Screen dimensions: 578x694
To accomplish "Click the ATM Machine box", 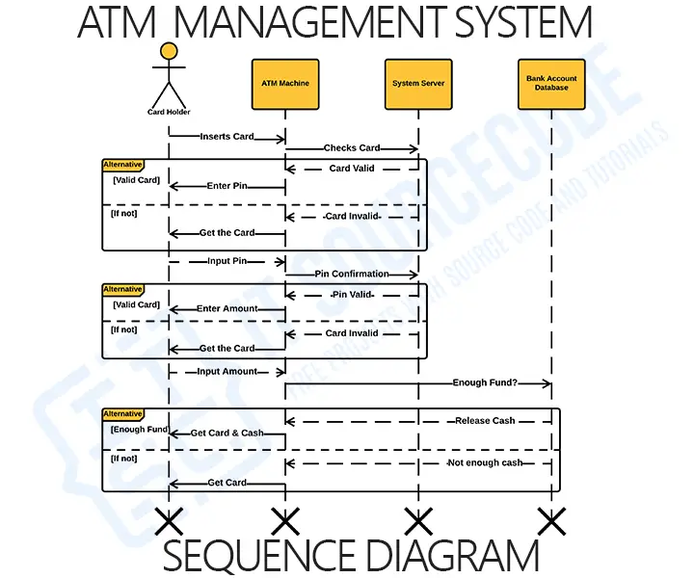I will pos(285,83).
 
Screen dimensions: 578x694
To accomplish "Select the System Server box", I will pos(418,83).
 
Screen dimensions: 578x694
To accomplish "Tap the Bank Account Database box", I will pos(551,83).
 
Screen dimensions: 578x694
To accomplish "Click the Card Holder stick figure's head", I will pos(169,51).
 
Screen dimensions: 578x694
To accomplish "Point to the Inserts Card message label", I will pos(227,137).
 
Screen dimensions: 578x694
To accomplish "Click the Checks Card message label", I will pos(352,148).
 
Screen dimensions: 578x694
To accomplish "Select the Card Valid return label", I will pos(352,169).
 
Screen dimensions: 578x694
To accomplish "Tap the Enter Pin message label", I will pos(227,186).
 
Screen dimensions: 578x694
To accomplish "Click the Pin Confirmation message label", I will pos(352,275).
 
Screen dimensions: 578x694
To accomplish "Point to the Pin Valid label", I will pos(352,293).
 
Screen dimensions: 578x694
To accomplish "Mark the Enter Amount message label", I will pos(227,309).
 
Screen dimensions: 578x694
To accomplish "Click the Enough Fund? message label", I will pos(485,383).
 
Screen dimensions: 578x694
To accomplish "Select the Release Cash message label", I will pos(485,421).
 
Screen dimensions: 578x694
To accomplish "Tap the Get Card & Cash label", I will pos(227,433).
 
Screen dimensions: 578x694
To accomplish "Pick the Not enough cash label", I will pos(485,463).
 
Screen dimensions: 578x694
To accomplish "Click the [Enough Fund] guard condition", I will pos(140,429).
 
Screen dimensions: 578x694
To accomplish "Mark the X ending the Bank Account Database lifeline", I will pos(551,522).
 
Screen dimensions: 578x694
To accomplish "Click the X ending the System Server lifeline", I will pos(418,522).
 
